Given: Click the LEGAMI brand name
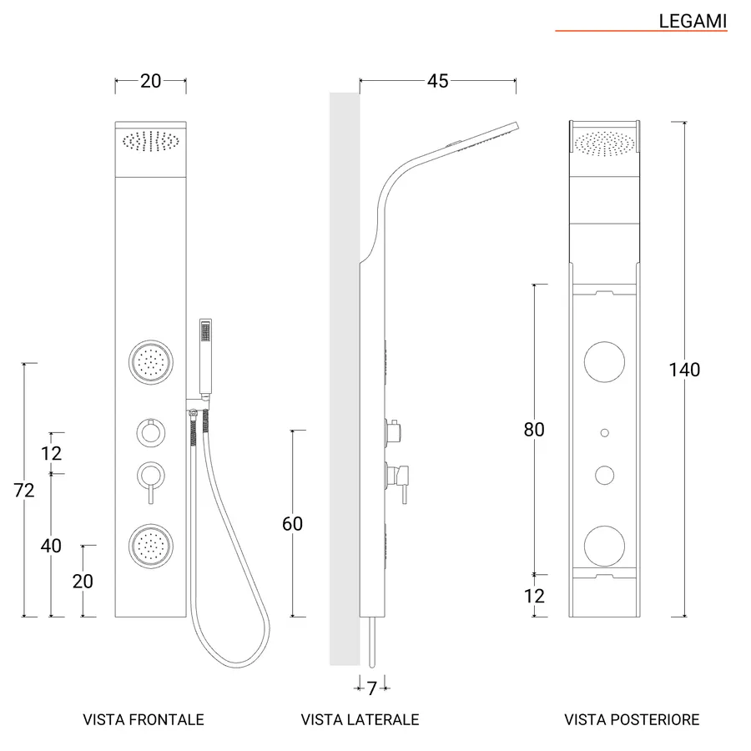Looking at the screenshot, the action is (x=693, y=21).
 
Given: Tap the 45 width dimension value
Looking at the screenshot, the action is (x=438, y=81).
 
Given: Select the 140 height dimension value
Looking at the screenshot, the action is (x=684, y=370).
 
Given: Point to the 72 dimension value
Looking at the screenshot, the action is (x=24, y=490).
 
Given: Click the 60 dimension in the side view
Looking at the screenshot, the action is (x=292, y=523).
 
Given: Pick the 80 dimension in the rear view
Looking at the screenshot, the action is (x=534, y=429).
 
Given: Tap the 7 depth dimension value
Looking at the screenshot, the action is (x=372, y=688).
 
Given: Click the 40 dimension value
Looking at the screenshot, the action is (x=51, y=546).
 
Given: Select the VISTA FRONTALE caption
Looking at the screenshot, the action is (x=144, y=719).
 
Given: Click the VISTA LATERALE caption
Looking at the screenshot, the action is (x=360, y=719).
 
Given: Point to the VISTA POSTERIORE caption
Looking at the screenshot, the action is (x=632, y=719).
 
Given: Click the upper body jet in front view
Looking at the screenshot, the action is (x=151, y=362).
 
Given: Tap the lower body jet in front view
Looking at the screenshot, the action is (x=151, y=546).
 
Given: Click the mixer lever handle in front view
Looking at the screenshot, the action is (x=151, y=493).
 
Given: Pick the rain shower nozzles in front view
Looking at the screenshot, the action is (x=151, y=141).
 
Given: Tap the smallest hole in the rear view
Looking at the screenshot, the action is (x=604, y=433).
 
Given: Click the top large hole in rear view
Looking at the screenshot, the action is (x=604, y=361).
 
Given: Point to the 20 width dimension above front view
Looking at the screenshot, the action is (x=150, y=81).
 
